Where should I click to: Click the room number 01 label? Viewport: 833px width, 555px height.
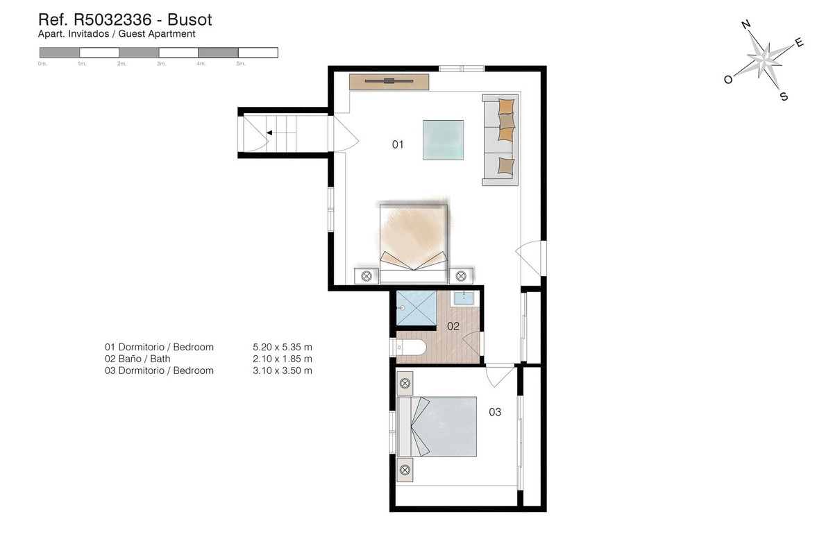(x=398, y=144)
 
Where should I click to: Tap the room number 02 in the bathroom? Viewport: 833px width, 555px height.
(x=453, y=326)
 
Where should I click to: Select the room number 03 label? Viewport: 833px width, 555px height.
(x=495, y=412)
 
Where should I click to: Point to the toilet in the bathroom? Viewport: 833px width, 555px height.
(x=412, y=348)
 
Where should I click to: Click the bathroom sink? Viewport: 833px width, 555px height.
(x=464, y=298)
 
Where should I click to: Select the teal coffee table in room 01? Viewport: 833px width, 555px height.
(x=444, y=139)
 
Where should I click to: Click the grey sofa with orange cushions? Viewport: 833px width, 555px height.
(x=500, y=139)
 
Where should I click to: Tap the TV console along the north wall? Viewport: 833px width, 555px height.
(x=389, y=81)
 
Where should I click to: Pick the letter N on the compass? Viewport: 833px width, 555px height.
(x=746, y=25)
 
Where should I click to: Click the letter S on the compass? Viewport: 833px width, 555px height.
(x=784, y=97)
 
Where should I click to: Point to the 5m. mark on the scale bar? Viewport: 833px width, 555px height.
(x=240, y=64)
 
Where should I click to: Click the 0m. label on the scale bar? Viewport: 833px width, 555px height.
(x=42, y=64)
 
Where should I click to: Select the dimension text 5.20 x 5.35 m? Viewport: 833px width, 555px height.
(x=283, y=347)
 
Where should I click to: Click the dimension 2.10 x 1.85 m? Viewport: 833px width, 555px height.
(x=283, y=359)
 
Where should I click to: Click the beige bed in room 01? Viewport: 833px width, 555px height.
(x=414, y=239)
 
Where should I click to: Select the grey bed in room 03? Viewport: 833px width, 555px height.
(x=444, y=427)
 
